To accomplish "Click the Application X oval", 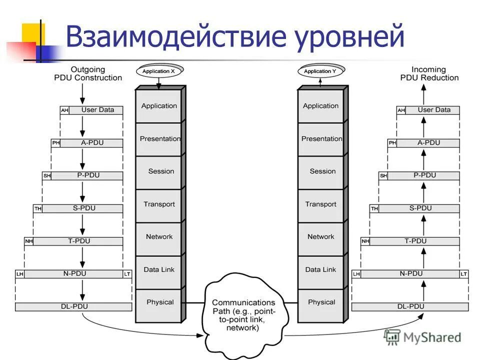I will click(158, 71).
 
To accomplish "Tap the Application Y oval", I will click(320, 71).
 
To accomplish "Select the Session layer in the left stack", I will click(160, 171).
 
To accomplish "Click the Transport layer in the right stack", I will click(320, 204).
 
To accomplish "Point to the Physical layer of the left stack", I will click(160, 302).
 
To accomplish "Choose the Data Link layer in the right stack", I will click(320, 270).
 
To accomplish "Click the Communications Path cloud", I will click(243, 315).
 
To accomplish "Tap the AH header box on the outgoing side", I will click(64, 110).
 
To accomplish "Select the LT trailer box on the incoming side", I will click(464, 273).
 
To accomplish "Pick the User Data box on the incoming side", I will click(433, 110).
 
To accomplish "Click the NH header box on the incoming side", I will click(365, 241).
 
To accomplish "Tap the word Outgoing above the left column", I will click(87, 69).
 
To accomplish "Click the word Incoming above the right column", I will click(428, 69).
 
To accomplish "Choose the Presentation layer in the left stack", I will click(160, 139).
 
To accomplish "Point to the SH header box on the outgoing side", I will click(47, 175).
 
